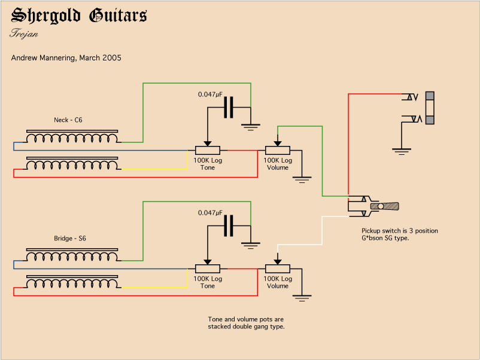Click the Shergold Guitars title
[78, 16]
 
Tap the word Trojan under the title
[24, 33]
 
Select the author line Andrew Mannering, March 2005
[66, 58]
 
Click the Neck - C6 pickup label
[68, 120]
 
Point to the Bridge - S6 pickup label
[70, 239]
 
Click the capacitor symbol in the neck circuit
[228, 108]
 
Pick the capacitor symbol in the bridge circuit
[228, 226]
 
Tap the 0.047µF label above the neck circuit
[210, 94]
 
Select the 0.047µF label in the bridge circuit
[210, 213]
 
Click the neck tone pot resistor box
[208, 150]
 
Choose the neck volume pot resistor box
[277, 150]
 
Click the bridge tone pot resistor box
[208, 269]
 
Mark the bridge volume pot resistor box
[277, 269]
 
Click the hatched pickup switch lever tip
[388, 206]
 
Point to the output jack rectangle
[429, 108]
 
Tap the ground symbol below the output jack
[402, 151]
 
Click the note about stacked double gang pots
[246, 323]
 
